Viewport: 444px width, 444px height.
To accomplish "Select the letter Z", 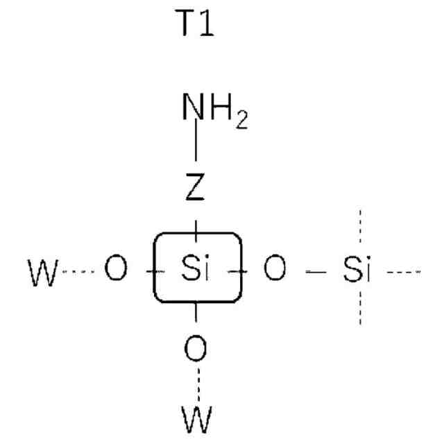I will [196, 188].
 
